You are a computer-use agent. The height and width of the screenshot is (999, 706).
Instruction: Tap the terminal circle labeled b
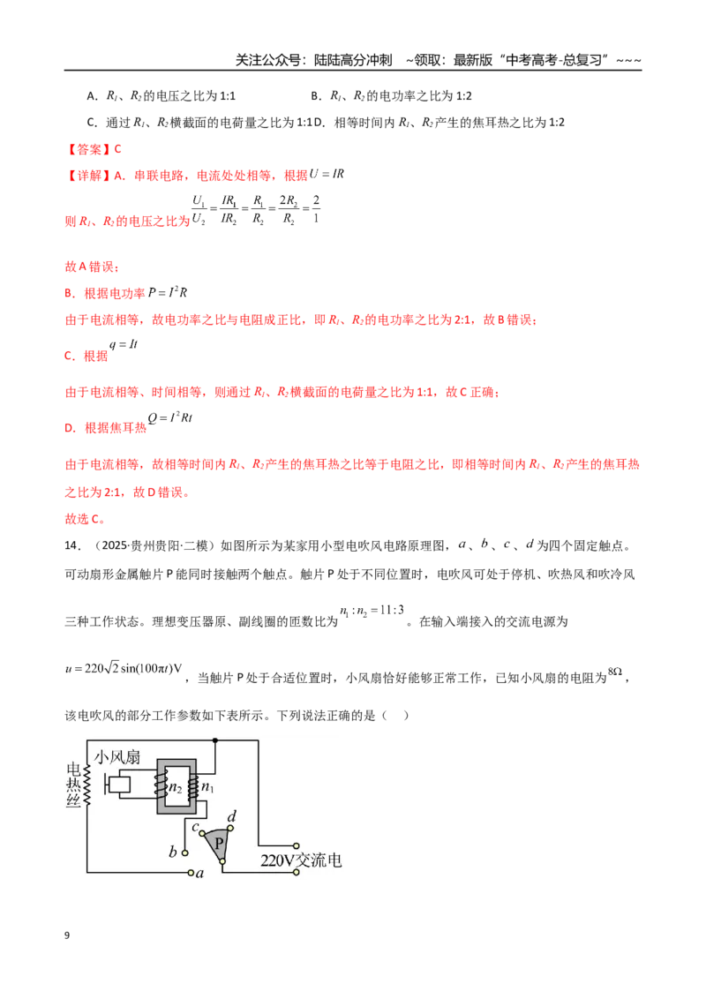pos(184,853)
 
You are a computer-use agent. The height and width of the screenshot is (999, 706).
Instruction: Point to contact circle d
pos(230,829)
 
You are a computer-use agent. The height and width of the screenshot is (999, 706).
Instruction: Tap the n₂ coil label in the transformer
pos(176,787)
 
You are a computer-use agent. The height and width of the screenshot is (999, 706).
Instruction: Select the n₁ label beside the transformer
pos(207,787)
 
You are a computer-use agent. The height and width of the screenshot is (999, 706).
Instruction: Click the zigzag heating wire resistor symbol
pos(86,786)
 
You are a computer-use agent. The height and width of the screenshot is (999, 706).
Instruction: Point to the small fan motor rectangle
pos(119,785)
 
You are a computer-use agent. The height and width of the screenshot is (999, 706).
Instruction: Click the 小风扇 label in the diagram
pos(117,757)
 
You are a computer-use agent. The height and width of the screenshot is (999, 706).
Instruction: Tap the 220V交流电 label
pos(301,860)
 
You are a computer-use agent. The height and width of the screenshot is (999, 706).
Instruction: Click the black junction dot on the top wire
pos(215,740)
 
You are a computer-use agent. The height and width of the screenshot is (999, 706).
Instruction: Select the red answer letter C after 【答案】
pos(117,149)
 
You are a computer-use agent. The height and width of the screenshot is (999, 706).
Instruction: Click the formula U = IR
pos(327,173)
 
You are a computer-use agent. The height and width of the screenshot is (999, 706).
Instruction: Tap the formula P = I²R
pos(168,292)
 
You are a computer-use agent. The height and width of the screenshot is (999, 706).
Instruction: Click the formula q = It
pos(123,344)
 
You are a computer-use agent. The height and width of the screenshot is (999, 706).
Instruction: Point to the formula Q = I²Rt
pos(169,417)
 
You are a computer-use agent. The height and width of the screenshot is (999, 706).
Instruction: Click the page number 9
pos(67,935)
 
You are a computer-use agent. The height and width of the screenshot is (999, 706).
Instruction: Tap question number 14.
pos(72,545)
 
